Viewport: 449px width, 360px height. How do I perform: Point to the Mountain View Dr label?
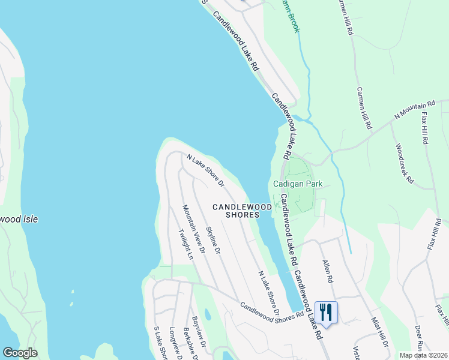pyautogui.click(x=194, y=228)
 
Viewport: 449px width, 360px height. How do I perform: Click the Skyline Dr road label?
pyautogui.click(x=213, y=239)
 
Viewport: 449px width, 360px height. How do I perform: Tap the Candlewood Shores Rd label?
pyautogui.click(x=272, y=310)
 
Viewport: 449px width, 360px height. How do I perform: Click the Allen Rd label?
pyautogui.click(x=327, y=271)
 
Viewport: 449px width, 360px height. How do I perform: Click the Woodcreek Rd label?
pyautogui.click(x=405, y=163)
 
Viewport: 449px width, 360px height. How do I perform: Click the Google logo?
pyautogui.click(x=20, y=353)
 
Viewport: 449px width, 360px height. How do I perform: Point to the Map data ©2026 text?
pyautogui.click(x=423, y=355)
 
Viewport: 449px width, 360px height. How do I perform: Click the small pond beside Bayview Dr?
pyautogui.click(x=207, y=314)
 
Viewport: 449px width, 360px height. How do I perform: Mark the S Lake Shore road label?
pyautogui.click(x=159, y=343)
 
